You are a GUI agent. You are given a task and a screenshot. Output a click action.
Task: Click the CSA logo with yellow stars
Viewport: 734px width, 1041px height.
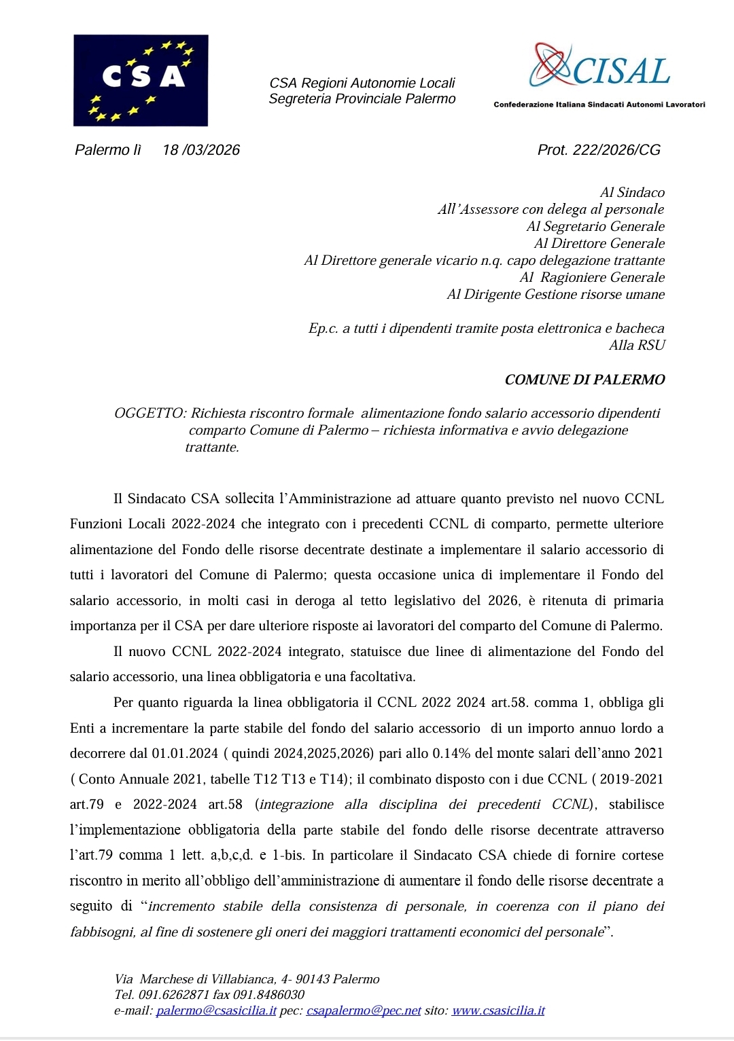141,80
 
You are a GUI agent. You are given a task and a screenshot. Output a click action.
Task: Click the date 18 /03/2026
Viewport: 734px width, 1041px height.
201,150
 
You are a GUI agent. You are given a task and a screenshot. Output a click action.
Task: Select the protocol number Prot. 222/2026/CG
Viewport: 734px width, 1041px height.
599,150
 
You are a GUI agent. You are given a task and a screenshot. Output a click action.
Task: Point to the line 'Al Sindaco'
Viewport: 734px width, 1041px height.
632,193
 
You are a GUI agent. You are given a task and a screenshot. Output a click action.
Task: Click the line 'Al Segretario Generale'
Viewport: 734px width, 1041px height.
595,227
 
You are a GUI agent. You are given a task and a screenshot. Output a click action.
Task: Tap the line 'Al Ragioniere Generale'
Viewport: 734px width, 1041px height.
592,278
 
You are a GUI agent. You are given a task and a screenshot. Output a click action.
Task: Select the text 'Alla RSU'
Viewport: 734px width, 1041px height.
637,346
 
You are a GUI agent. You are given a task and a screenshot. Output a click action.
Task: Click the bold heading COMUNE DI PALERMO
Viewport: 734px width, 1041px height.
584,380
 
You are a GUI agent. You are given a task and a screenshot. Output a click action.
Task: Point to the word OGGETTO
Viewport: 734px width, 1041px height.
149,414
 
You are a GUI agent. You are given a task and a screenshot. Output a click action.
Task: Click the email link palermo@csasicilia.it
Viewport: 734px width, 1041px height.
216,1011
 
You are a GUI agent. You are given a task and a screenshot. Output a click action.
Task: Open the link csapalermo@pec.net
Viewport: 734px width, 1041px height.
364,1011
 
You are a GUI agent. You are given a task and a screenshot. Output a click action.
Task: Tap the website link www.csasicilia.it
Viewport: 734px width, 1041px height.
498,1011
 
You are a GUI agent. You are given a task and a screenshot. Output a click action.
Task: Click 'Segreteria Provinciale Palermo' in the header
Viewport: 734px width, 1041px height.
362,99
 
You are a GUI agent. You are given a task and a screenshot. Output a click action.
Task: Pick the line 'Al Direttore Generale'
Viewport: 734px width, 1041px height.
599,244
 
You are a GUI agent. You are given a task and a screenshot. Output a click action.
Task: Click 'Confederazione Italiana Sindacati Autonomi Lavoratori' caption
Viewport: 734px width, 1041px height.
599,105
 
